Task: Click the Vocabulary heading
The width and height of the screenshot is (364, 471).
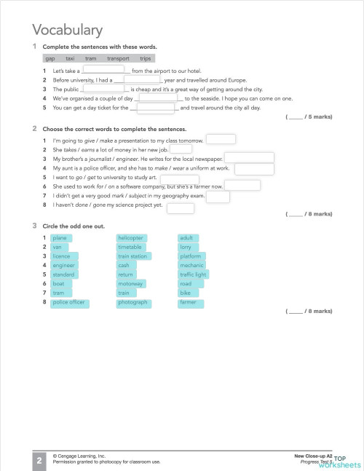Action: [x=67, y=30]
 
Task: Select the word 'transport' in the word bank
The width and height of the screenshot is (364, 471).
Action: [x=118, y=58]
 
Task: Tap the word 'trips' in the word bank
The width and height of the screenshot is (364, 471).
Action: [x=146, y=58]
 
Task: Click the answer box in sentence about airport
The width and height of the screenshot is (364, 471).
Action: [x=103, y=71]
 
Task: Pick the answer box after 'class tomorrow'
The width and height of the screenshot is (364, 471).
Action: [x=221, y=139]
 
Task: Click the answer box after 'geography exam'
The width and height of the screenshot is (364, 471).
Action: [x=218, y=197]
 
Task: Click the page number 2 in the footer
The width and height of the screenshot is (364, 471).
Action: [x=39, y=459]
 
